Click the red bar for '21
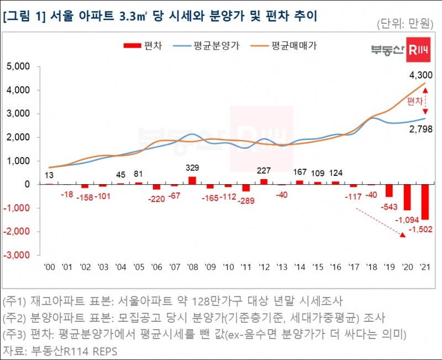(x=425, y=202)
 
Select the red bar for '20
(x=407, y=197)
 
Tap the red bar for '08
(x=192, y=180)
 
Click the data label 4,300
(x=420, y=75)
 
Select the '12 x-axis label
(x=264, y=267)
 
